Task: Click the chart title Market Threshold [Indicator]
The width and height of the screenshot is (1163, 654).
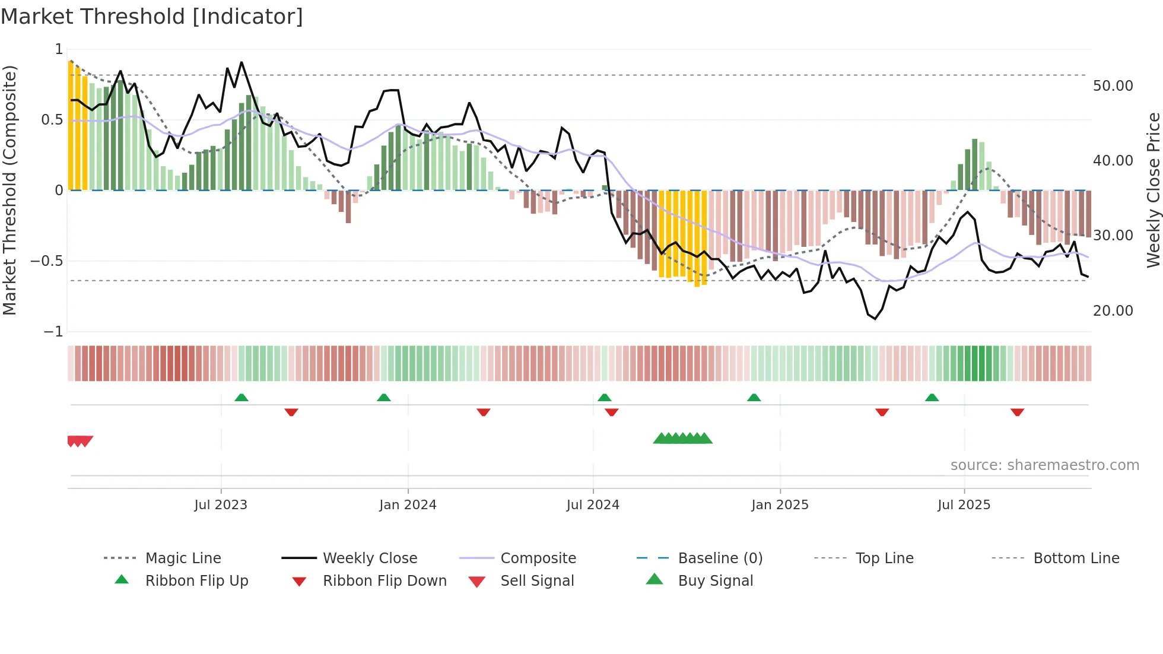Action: click(152, 17)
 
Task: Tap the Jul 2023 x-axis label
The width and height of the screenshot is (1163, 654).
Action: click(221, 505)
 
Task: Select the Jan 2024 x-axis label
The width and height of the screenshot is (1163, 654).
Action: click(408, 505)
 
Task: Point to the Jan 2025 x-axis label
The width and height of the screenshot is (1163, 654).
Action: click(780, 505)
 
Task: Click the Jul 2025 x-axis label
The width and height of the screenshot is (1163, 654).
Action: click(964, 505)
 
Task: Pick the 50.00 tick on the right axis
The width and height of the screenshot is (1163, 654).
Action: click(1113, 86)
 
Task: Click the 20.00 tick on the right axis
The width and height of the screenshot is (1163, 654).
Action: click(1113, 311)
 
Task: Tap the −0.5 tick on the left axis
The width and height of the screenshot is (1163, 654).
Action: click(47, 261)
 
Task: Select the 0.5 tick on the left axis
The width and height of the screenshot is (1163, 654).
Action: click(52, 120)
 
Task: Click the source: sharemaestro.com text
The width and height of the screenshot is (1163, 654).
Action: click(1044, 465)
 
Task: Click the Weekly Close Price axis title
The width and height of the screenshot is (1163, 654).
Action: click(1153, 190)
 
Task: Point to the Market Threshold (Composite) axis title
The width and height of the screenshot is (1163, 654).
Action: click(9, 190)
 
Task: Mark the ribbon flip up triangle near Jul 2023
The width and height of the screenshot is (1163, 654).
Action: click(242, 398)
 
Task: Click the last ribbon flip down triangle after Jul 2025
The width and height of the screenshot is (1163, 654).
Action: click(1017, 412)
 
